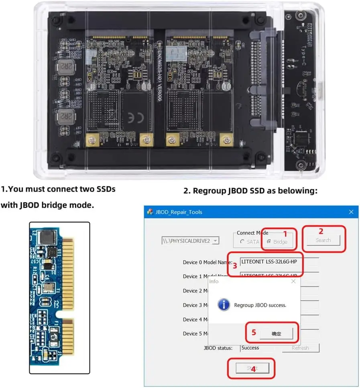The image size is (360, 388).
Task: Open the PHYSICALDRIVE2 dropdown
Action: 216,241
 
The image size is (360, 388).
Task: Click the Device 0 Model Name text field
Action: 279,261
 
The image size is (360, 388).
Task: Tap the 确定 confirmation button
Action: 276,333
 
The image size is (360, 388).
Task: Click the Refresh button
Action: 300,348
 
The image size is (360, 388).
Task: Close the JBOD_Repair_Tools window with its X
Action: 351,212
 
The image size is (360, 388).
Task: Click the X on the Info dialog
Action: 293,282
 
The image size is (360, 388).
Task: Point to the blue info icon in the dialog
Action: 224,305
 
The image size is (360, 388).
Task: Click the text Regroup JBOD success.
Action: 260,305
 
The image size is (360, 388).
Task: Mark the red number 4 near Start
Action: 253,368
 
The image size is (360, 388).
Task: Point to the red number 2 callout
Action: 321,231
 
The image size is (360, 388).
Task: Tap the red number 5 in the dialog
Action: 254,332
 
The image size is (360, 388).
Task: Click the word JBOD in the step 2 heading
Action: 230,191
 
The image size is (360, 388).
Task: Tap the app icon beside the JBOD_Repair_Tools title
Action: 150,212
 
